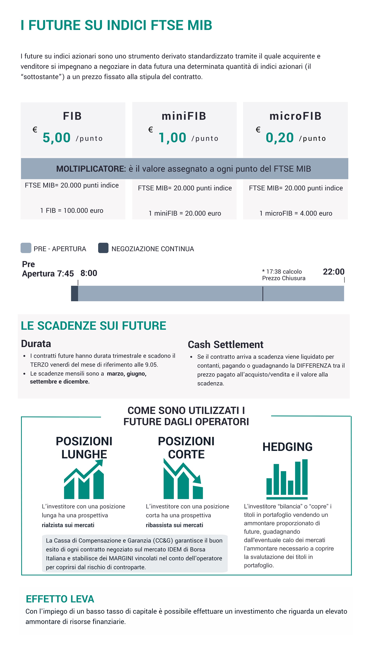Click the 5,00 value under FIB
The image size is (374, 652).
pyautogui.click(x=56, y=138)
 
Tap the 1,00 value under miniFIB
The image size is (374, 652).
pyautogui.click(x=172, y=138)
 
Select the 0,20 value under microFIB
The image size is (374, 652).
pyautogui.click(x=280, y=138)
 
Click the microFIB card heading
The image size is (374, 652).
pyautogui.click(x=295, y=116)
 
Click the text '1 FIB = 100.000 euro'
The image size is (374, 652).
pyautogui.click(x=72, y=211)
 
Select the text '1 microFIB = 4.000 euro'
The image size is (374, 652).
pyautogui.click(x=296, y=214)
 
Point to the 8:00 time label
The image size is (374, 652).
pyautogui.click(x=89, y=273)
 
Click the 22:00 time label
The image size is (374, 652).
pyautogui.click(x=333, y=272)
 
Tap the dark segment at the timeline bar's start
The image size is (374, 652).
pyautogui.click(x=74, y=293)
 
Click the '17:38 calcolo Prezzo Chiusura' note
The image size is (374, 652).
pyautogui.click(x=284, y=275)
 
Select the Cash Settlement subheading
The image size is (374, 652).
pyautogui.click(x=226, y=345)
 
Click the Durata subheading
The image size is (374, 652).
pyautogui.click(x=36, y=344)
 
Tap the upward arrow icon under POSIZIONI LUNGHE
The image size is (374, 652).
pyautogui.click(x=84, y=479)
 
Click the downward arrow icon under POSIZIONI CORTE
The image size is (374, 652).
pyautogui.click(x=183, y=479)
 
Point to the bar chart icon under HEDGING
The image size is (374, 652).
pyautogui.click(x=287, y=479)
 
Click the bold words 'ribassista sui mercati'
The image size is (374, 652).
pyautogui.click(x=174, y=525)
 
